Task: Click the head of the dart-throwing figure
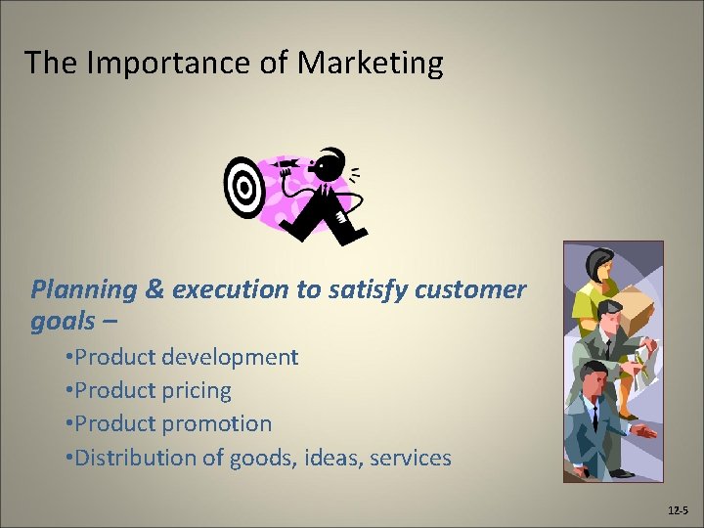(332, 161)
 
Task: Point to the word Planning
(84, 289)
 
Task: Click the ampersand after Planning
(155, 289)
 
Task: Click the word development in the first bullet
(230, 357)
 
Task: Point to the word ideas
(331, 457)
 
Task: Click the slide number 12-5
(678, 511)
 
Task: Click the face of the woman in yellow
(601, 265)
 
